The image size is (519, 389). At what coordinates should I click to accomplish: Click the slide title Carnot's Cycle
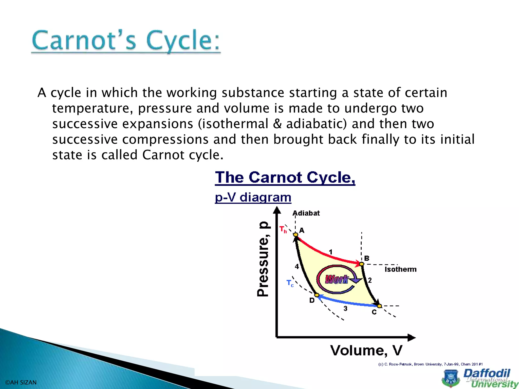point(126,41)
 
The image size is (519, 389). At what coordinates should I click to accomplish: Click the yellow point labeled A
point(295,235)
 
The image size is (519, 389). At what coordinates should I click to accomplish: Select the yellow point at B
point(362,264)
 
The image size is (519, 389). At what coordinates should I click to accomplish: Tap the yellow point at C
point(379,306)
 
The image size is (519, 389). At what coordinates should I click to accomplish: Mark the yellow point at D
point(317,295)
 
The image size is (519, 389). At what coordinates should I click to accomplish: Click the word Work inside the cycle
point(337,279)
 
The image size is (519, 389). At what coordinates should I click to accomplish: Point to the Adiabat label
point(306,213)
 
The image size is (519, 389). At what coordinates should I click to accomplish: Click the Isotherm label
point(400,269)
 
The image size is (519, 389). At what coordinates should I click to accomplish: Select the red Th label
point(283,229)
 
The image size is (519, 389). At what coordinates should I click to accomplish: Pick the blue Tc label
point(290,283)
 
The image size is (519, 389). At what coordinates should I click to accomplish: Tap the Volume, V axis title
point(366,351)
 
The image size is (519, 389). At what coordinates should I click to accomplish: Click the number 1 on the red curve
point(330,252)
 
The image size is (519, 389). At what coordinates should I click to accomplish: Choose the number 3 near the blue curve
point(345,308)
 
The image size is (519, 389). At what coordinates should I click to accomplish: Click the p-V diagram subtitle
point(253,197)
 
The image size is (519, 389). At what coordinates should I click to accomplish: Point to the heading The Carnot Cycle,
point(285,177)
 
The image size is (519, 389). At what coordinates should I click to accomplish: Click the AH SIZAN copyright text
point(21,382)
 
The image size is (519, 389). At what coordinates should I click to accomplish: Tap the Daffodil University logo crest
point(451,379)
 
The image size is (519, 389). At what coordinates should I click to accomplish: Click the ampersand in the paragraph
point(277,124)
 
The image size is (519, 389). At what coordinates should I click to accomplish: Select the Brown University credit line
point(430,364)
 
